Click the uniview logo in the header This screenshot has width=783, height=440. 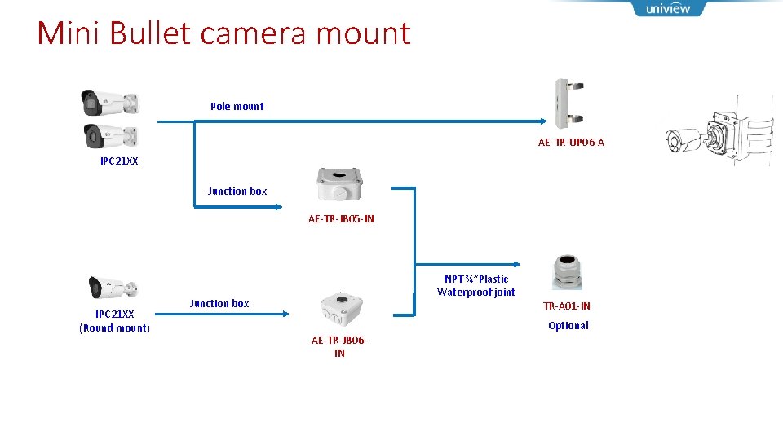coord(668,9)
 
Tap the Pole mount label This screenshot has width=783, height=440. coord(237,106)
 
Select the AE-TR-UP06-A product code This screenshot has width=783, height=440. coord(571,143)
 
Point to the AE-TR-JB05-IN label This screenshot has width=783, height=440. coord(341,218)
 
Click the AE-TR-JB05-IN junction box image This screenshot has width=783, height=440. coord(340,185)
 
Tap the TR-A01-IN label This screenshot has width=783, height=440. coord(567,306)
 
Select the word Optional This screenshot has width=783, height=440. coord(568,325)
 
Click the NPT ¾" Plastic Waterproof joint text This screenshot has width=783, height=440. coord(476,285)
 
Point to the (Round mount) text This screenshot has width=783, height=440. coord(114,328)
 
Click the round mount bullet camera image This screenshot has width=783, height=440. coord(113,288)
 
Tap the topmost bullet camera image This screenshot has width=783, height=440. coord(109,103)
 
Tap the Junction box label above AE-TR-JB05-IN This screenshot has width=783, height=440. coord(237,191)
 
